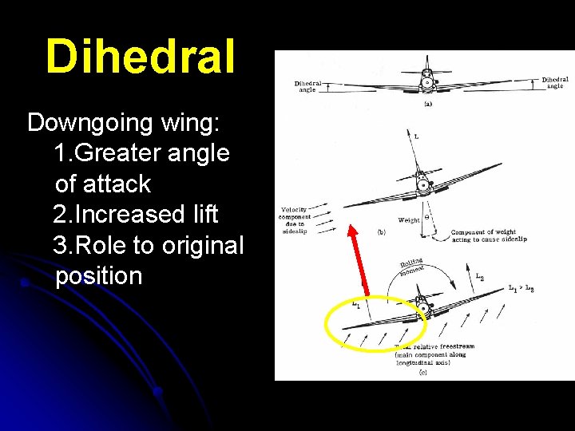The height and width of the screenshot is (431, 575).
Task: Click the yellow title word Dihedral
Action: [141, 57]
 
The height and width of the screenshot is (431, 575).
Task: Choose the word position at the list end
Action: [99, 276]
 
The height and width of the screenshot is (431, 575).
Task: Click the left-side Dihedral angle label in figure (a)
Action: [308, 86]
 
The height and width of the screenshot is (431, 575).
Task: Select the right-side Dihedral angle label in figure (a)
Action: [554, 82]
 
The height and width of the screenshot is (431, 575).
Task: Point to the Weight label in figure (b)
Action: [408, 219]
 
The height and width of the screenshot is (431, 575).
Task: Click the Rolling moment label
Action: [412, 267]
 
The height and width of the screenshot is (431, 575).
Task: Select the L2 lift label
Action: [478, 277]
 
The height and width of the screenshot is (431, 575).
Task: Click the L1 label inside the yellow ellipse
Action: [356, 304]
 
